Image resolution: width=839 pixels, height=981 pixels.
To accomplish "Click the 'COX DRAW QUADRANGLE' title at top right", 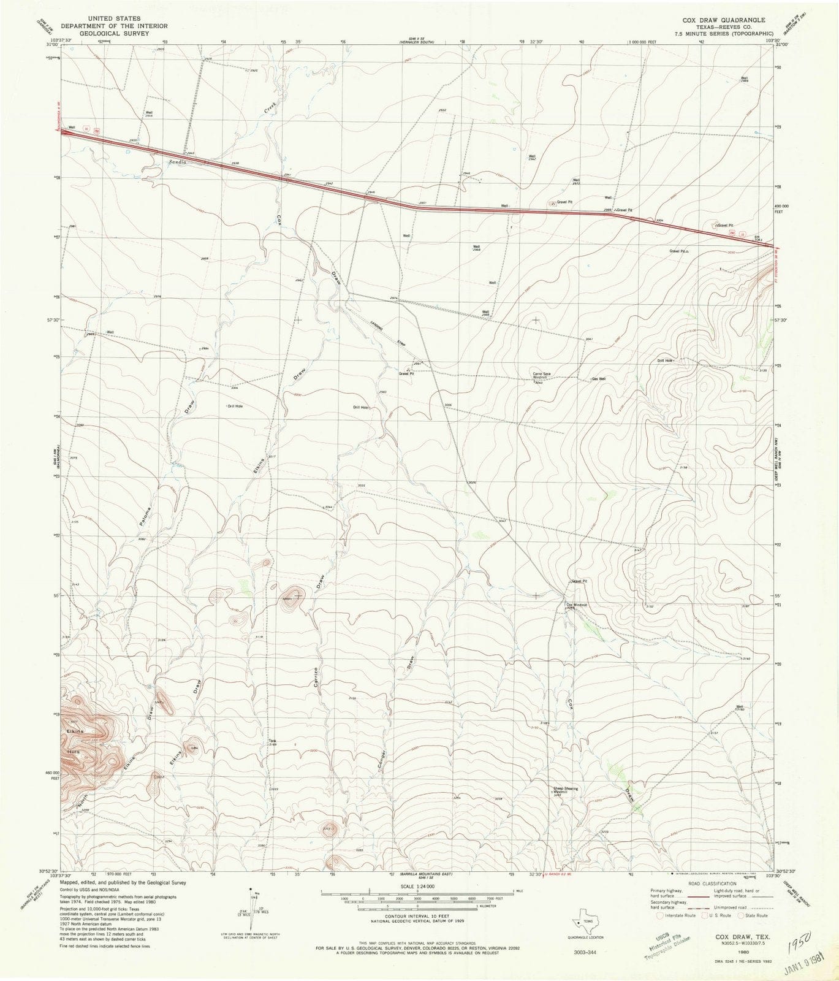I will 705,19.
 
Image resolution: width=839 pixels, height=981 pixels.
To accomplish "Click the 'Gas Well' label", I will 599,379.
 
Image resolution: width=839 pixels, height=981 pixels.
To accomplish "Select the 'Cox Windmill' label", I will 576,605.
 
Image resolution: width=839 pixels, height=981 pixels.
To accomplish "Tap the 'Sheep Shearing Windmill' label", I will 566,790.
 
